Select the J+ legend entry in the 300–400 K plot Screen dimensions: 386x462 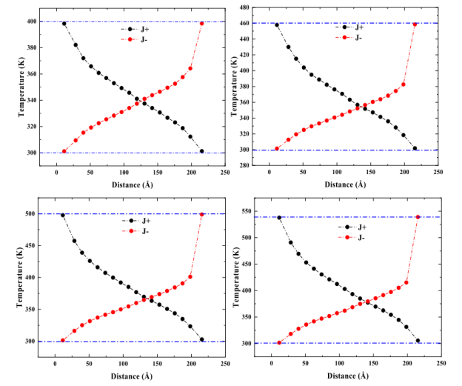[x=132, y=29]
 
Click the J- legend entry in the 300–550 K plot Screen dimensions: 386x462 [x=352, y=237]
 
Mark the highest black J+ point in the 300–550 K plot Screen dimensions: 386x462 [x=279, y=218]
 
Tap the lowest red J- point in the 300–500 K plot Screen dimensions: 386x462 [x=63, y=341]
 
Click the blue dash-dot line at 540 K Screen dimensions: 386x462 [x=348, y=217]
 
